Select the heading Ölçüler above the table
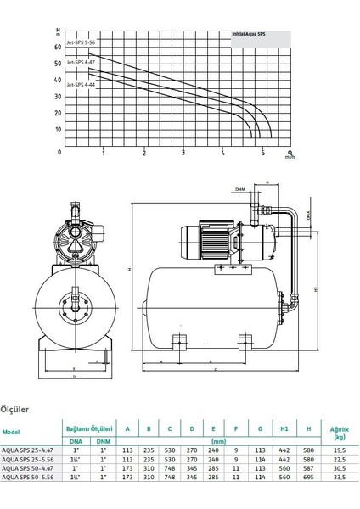coord(16,407)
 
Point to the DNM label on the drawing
coord(240,189)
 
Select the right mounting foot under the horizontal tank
coord(246,342)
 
